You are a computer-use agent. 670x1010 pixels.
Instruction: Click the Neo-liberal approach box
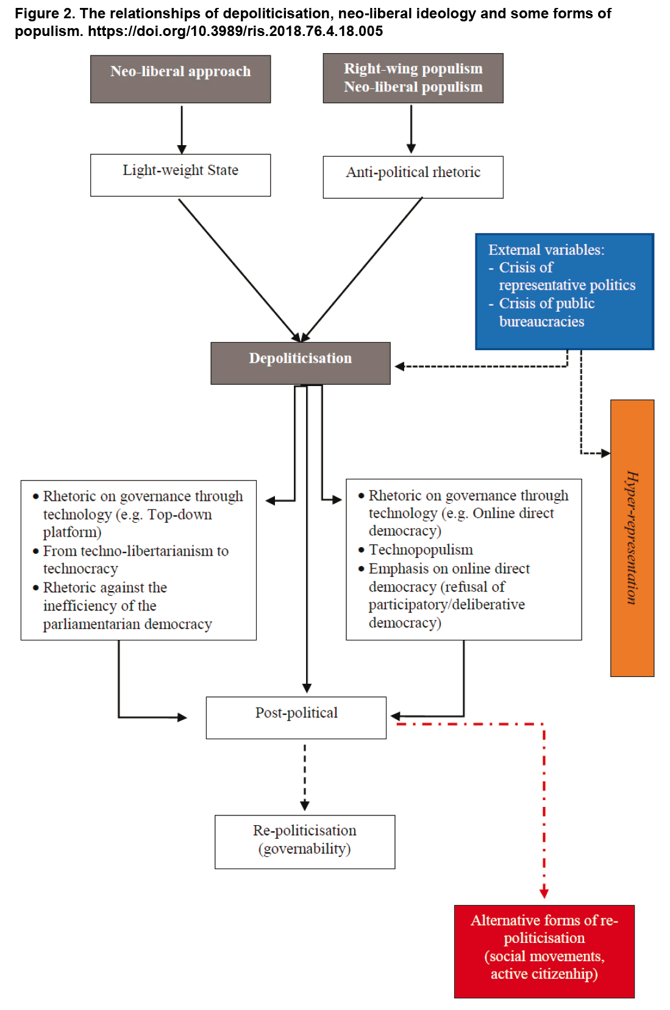(x=180, y=79)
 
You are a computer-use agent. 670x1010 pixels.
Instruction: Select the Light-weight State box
(x=180, y=175)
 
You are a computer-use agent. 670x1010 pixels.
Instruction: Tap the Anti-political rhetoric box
(x=413, y=177)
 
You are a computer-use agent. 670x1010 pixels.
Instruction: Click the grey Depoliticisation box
(x=301, y=363)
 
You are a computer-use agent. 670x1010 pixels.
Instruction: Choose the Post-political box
(x=296, y=717)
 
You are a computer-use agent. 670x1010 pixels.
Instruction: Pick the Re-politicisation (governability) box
(x=305, y=842)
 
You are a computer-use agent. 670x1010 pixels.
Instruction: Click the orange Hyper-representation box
(x=632, y=538)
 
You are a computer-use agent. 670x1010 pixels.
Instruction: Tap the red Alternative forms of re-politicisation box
(x=544, y=951)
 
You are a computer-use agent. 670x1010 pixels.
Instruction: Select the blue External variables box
(x=565, y=292)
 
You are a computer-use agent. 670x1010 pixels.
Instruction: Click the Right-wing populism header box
(x=413, y=78)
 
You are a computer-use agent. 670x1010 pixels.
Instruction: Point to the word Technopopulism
(x=421, y=550)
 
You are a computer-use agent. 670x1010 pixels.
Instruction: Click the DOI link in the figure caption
(x=235, y=31)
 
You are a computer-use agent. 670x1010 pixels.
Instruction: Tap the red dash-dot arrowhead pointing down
(x=544, y=893)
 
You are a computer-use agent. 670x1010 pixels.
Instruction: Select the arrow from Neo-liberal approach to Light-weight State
(x=182, y=130)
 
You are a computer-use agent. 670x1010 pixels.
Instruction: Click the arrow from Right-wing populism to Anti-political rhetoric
(x=411, y=129)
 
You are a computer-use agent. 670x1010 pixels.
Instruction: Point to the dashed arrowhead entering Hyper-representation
(x=605, y=453)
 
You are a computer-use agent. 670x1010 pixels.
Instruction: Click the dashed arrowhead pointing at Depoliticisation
(x=400, y=367)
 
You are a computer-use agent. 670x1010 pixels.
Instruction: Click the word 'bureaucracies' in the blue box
(x=541, y=321)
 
